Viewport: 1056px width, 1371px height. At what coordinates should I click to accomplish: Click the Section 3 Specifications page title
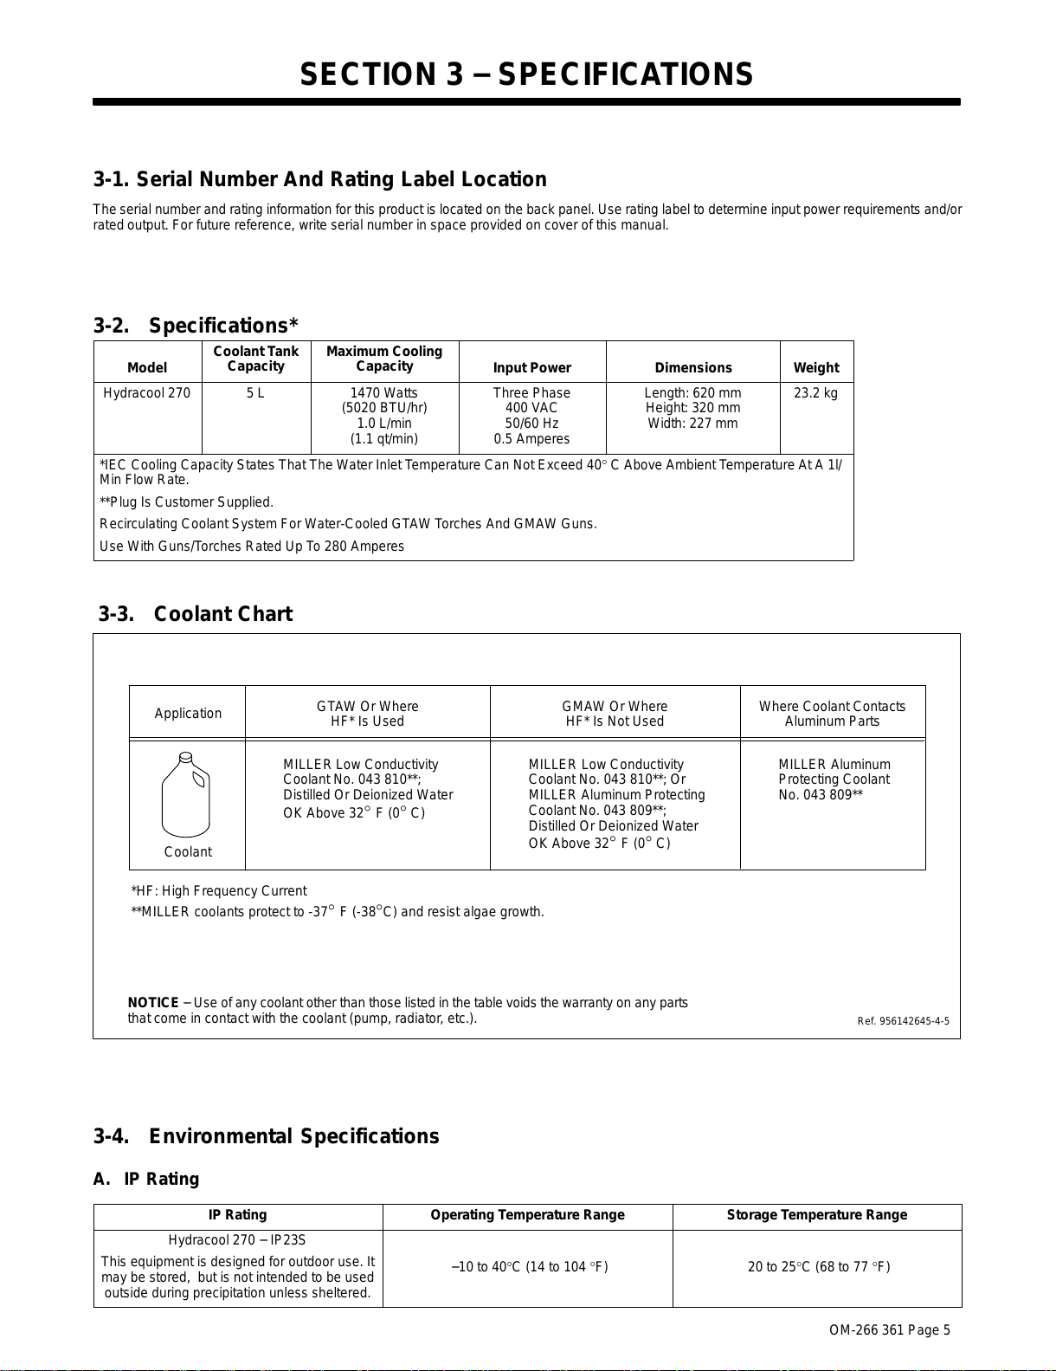click(x=526, y=75)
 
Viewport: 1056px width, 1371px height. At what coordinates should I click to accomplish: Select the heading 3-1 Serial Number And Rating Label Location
click(x=320, y=179)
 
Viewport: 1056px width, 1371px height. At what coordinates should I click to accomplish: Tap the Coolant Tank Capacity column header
click(x=255, y=359)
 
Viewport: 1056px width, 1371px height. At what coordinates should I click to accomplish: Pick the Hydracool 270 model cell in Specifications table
click(x=146, y=393)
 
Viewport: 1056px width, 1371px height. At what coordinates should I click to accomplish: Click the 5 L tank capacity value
click(x=255, y=393)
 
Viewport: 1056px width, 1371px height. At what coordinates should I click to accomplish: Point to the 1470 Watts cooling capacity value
click(x=383, y=393)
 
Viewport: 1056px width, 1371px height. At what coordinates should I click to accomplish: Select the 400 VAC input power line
click(x=531, y=408)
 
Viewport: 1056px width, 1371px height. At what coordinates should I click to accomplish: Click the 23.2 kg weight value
click(x=815, y=393)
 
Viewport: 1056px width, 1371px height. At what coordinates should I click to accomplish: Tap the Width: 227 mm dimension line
click(x=692, y=424)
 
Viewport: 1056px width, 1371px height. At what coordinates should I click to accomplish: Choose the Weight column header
click(x=815, y=368)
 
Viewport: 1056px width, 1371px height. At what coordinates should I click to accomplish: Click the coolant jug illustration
click(x=186, y=796)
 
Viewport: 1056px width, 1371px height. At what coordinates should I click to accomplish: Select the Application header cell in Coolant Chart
click(x=188, y=714)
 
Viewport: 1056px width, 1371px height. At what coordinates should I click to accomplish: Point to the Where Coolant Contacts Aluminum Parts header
click(x=832, y=714)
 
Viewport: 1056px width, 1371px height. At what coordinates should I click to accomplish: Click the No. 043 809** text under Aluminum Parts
click(x=821, y=795)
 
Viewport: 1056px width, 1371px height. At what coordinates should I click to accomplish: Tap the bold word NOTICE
click(x=153, y=1003)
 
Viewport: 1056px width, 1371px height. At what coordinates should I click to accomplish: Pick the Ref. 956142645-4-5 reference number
click(x=903, y=1021)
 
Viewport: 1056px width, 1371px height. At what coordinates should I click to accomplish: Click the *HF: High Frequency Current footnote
click(x=219, y=891)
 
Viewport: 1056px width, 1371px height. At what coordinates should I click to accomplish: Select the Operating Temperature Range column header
click(x=527, y=1215)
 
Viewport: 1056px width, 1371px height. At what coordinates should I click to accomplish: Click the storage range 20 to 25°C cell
click(x=818, y=1267)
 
